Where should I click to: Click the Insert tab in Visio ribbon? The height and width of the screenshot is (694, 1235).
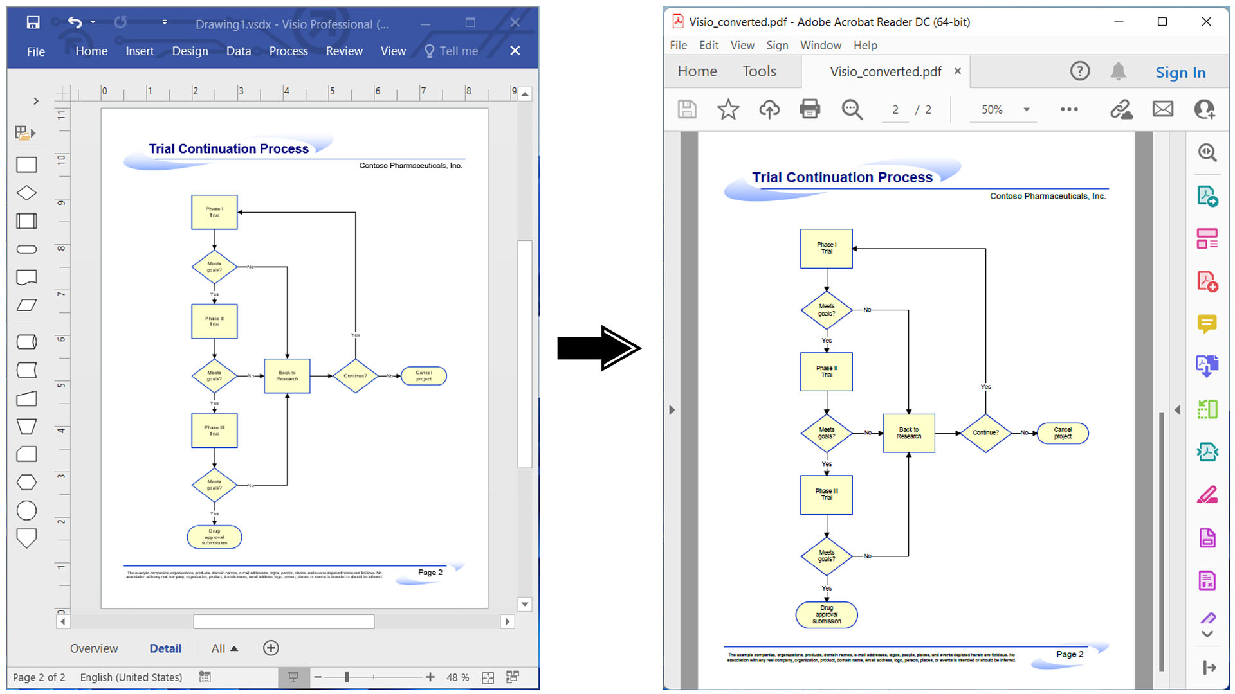coord(140,51)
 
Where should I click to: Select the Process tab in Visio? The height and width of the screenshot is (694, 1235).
coord(288,51)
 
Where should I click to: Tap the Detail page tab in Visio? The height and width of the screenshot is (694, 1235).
coord(165,648)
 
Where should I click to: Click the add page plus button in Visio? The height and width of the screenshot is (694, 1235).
coord(271,648)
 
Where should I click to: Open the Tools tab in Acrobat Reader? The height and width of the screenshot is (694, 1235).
coord(759,71)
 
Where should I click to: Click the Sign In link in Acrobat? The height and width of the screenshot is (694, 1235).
coord(1180,73)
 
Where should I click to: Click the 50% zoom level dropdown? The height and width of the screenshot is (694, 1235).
coord(1003,110)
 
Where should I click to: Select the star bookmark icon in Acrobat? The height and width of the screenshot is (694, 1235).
coord(727,110)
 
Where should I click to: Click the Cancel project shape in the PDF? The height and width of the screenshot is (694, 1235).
coord(1062,433)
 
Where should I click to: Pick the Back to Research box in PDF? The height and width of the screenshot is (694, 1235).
coord(908,433)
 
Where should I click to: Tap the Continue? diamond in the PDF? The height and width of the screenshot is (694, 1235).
coord(985,433)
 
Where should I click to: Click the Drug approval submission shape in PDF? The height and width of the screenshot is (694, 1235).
coord(826,615)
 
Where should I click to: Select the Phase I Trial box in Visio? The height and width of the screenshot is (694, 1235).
coord(214,212)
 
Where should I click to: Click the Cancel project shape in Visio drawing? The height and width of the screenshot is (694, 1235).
coord(423,376)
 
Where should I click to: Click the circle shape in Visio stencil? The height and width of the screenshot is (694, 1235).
coord(26,511)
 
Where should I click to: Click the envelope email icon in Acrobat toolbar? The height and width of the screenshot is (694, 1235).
coord(1162,110)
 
